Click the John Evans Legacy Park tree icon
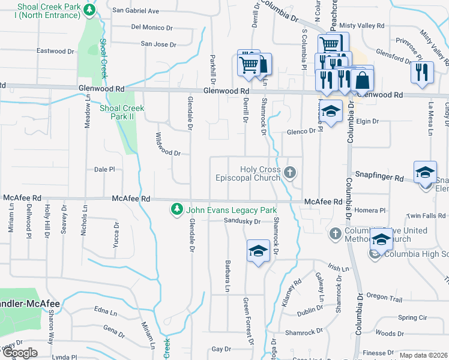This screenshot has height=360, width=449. [176, 210]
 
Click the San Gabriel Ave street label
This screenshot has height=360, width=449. [136, 11]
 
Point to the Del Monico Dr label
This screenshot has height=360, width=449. [152, 27]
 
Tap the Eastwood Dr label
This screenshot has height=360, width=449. [55, 51]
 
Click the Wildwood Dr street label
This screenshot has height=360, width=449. [168, 145]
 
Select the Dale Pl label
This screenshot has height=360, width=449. [104, 170]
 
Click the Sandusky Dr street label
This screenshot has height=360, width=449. [240, 221]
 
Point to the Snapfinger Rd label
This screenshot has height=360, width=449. [379, 178]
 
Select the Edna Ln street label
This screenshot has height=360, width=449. [106, 311]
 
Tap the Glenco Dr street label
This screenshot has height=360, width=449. [301, 131]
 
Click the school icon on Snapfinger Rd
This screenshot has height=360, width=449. [425, 171]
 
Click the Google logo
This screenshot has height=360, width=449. [19, 353]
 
